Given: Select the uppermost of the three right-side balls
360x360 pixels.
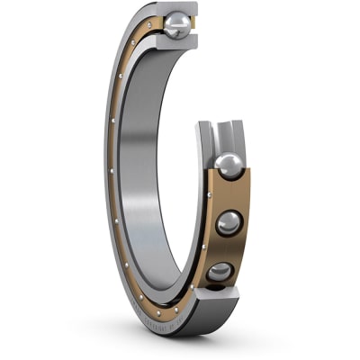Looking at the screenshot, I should (x=229, y=166).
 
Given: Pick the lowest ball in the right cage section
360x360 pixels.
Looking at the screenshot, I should (x=220, y=272).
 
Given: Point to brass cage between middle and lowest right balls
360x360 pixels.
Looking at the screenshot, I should (x=227, y=249).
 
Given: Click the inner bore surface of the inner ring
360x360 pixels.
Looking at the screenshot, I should (x=144, y=180).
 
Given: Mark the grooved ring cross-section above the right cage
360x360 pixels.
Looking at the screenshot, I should (x=220, y=135).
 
